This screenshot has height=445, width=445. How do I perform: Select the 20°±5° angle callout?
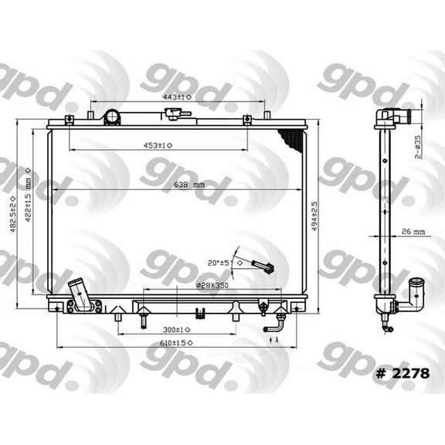click(222, 263)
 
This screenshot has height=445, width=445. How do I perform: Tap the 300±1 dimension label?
click(173, 330)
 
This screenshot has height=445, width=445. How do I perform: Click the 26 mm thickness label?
click(413, 231)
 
